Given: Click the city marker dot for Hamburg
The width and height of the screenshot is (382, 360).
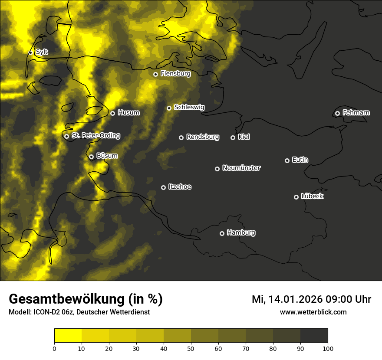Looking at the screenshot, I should pyautogui.click(x=222, y=233).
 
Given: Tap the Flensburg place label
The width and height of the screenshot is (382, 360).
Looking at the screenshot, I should pyautogui.click(x=175, y=74).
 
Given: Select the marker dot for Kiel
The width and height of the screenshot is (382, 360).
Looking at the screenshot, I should pyautogui.click(x=233, y=137).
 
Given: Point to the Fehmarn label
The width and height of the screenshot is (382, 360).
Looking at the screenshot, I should pyautogui.click(x=356, y=113).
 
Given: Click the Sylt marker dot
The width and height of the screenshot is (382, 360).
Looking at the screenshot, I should pyautogui.click(x=30, y=52).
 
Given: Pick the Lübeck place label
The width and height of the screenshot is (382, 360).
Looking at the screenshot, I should pyautogui.click(x=312, y=196).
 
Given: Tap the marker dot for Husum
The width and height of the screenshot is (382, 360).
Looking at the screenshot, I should pyautogui.click(x=112, y=113).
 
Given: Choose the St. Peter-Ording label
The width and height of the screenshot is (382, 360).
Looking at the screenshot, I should pyautogui.click(x=95, y=136).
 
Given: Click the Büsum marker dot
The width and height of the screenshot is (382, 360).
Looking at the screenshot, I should pyautogui.click(x=91, y=157).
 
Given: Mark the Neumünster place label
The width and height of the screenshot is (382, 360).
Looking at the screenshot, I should pyautogui.click(x=241, y=168).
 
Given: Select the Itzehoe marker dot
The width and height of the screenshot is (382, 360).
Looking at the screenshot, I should pyautogui.click(x=163, y=187).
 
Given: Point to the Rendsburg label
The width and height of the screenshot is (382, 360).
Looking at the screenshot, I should pyautogui.click(x=202, y=137).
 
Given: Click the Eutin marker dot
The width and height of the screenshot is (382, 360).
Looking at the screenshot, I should pyautogui.click(x=287, y=160).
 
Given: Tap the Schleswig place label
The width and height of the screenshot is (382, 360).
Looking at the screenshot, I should pyautogui.click(x=189, y=107).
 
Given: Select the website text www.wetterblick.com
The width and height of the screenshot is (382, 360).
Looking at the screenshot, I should pyautogui.click(x=313, y=312).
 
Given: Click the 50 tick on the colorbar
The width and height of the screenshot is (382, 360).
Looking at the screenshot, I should pyautogui.click(x=191, y=348).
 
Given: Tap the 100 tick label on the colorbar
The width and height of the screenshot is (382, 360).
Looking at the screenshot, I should pyautogui.click(x=328, y=348).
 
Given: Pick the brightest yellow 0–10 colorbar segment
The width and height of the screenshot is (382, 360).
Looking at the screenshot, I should pyautogui.click(x=68, y=336).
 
